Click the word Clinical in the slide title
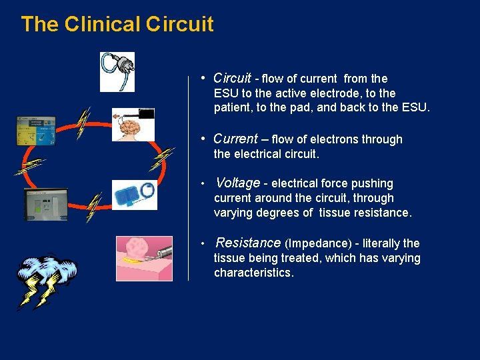tap(102, 25)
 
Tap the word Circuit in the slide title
tap(179, 25)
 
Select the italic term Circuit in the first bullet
tap(232, 78)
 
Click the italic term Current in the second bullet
tap(235, 139)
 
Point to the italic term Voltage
tap(237, 183)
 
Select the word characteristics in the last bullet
tap(253, 273)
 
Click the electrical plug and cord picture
tap(117, 71)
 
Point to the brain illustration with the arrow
tap(133, 125)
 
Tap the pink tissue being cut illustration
tap(144, 258)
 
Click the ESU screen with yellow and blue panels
tap(36, 131)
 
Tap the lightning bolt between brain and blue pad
tap(161, 160)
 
